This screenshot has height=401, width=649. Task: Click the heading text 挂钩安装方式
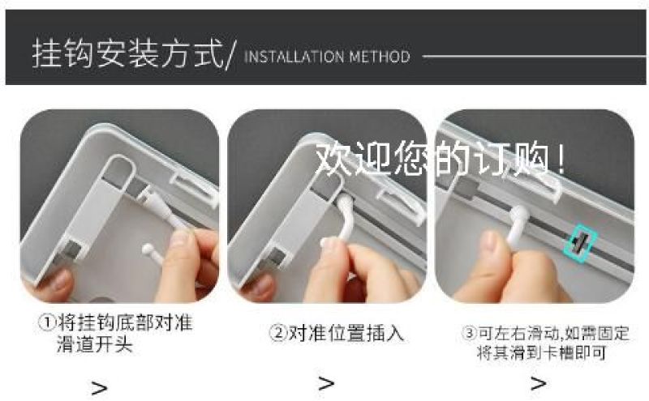127,53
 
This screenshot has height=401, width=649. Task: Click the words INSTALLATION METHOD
327,57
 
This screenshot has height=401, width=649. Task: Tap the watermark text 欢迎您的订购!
440,159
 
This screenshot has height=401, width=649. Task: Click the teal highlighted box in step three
580,243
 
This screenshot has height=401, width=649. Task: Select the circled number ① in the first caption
47,323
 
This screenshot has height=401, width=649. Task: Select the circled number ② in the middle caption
277,333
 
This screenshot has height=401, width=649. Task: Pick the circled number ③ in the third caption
470,333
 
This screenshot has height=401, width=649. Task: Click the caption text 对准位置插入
346,333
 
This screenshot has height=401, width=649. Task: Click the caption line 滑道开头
95,344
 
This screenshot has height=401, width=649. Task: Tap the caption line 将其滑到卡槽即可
541,352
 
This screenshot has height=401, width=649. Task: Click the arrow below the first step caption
99,388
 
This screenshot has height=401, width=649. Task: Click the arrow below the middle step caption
326,384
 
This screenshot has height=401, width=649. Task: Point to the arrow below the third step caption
539,384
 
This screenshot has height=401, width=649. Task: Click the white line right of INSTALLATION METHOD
534,57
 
